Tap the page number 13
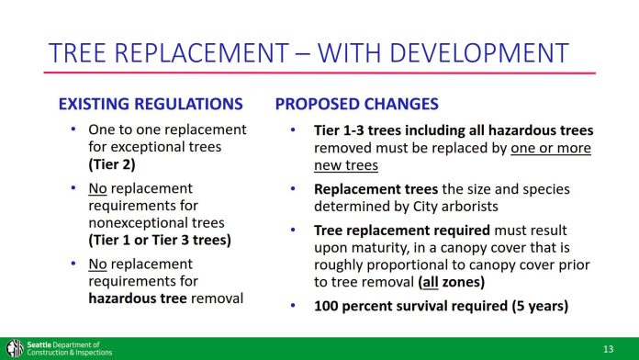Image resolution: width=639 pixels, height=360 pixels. click(x=608, y=349)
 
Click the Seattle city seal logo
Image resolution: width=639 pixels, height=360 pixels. click(x=14, y=348)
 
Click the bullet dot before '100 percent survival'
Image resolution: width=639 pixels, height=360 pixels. click(x=291, y=306)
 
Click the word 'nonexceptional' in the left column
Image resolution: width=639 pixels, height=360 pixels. click(x=137, y=223)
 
